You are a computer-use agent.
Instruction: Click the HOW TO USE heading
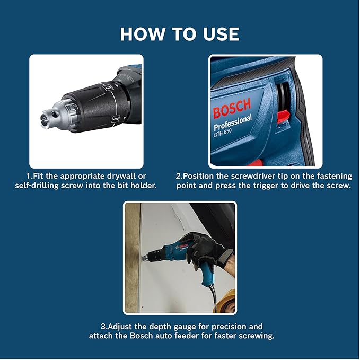(180, 33)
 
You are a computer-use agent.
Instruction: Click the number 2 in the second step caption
(179, 175)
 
